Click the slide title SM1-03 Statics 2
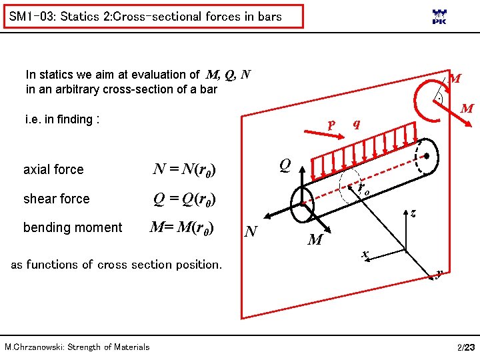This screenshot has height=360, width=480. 145,17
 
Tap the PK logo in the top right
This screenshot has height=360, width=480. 439,17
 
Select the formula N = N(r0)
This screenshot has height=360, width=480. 183,169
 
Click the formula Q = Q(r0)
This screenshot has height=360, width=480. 183,199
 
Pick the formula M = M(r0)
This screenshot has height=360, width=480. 181,227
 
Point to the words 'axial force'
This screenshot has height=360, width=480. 53,169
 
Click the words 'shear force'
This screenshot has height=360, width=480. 56,199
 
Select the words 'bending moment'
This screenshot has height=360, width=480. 73,227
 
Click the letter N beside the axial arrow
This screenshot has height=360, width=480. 251,231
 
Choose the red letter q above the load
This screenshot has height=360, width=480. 357,123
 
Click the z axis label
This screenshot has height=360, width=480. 414,213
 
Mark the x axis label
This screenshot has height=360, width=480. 365,255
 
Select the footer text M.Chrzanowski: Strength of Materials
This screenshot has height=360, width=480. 77,347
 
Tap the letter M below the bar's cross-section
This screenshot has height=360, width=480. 315,239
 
